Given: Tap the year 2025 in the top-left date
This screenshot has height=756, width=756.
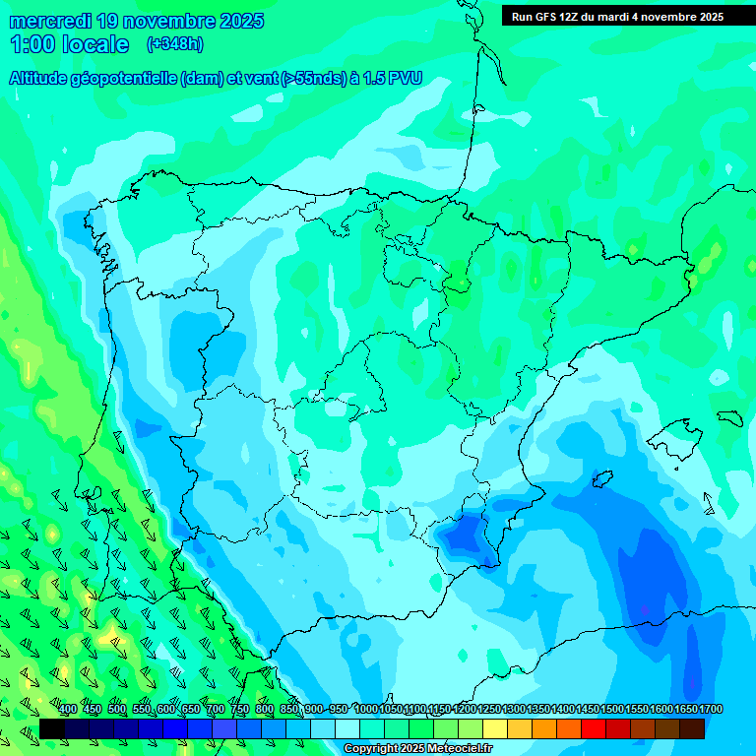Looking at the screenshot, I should coord(235,21).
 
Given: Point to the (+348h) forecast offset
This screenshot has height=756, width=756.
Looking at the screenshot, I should coord(175,44).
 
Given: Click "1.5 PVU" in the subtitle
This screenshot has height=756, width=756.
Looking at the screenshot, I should coord(392,79).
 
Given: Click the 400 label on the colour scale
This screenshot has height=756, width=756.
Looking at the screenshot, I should coord(68,709).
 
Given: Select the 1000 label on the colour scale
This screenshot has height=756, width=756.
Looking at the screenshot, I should coord(366,709).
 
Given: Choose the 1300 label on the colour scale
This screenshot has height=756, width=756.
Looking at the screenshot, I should coord(514,709).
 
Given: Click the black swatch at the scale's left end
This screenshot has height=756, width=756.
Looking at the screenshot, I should coord(52,728).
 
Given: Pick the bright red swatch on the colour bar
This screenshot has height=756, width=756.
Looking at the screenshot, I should coord(594,728).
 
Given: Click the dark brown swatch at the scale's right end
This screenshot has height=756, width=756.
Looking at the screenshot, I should coord(692,728).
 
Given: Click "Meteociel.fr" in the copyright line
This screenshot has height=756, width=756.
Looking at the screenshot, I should coord(459,749).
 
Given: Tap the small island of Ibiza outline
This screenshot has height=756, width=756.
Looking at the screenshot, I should coord(598,480).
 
